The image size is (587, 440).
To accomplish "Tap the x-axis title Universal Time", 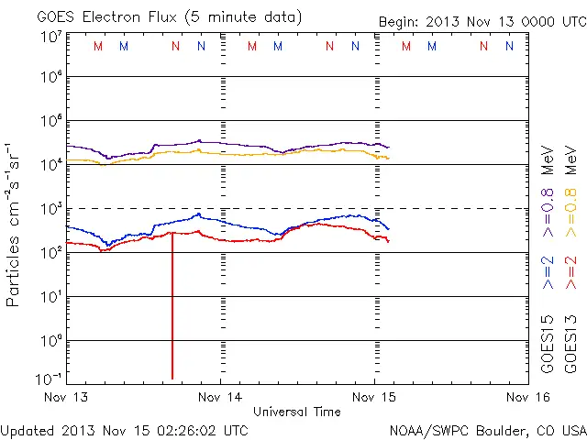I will click(x=297, y=412).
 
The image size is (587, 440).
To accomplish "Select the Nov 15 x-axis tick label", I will click(x=374, y=397).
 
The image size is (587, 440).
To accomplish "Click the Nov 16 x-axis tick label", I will click(x=527, y=397).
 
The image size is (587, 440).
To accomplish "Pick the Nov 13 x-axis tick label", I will click(x=66, y=397).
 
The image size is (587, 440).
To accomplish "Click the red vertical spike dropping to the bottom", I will click(x=172, y=312).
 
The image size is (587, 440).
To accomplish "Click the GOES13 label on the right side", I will click(x=570, y=346).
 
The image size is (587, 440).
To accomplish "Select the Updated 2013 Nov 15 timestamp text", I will click(x=124, y=429).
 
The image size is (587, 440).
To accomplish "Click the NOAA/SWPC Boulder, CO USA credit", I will click(x=487, y=429).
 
